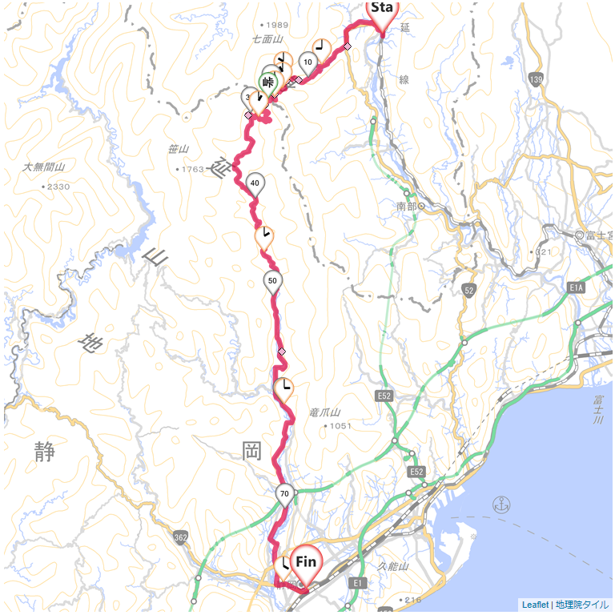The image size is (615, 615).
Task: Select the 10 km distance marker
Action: coord(308,62)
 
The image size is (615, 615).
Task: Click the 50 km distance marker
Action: coord(273,282)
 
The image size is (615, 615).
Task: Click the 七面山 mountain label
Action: coord(267,38)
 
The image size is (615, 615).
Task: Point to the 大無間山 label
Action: coord(43,167)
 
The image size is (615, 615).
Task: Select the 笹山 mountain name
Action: coord(178,149)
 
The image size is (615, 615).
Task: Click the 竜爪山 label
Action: coord(324,412)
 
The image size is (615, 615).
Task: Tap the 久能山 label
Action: coord(393,566)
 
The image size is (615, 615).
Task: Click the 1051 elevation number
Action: coord(340,426)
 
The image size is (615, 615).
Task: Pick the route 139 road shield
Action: coord(536,78)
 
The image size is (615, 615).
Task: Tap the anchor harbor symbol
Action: coord(501,504)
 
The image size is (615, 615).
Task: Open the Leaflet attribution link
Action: coord(534,605)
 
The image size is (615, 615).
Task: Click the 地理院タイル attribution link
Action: coord(582,605)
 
